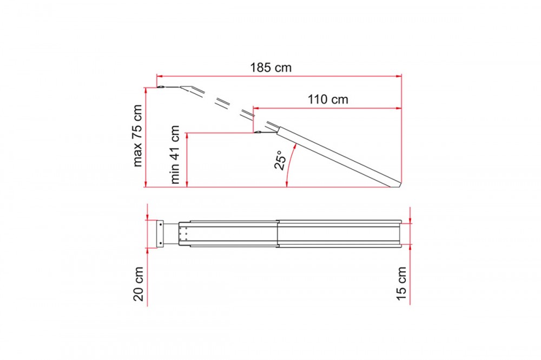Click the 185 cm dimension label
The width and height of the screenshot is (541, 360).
pos(271,67)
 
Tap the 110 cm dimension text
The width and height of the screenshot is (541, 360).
pos(328,99)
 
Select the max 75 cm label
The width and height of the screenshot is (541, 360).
pos(137,136)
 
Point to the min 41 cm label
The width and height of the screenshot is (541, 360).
pos(175,154)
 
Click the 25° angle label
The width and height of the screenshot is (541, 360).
pos(280,160)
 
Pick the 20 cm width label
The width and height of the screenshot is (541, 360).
pos(138,284)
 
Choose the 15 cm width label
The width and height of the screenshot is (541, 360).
pos(401,283)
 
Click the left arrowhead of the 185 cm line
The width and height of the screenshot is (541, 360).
pos(160,76)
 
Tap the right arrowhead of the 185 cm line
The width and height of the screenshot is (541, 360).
pos(399,76)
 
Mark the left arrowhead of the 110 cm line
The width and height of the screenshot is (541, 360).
pos(256,108)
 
